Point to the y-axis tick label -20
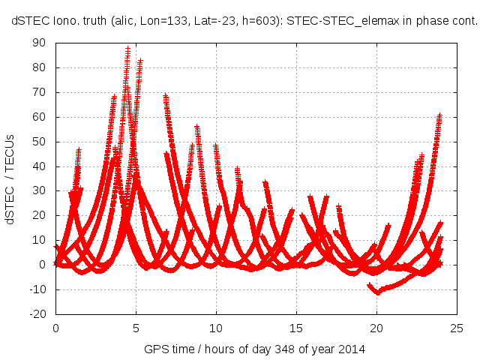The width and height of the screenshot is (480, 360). pyautogui.click(x=37, y=314)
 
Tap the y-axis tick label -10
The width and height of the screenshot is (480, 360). pyautogui.click(x=37, y=289)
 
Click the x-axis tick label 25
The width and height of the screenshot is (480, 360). pyautogui.click(x=456, y=328)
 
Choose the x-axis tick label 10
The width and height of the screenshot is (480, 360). pyautogui.click(x=216, y=328)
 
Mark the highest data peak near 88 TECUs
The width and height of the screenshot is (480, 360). pyautogui.click(x=128, y=49)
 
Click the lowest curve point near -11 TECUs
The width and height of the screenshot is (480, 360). pyautogui.click(x=377, y=292)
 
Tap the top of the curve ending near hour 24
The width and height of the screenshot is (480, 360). pyautogui.click(x=440, y=115)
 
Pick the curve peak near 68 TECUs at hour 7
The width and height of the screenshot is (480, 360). pyautogui.click(x=166, y=96)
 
